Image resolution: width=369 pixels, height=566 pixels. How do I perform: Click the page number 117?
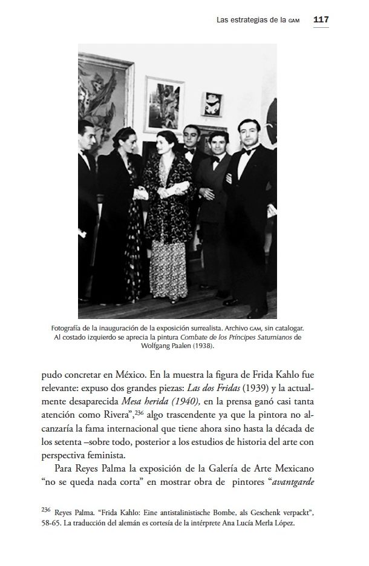321,19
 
